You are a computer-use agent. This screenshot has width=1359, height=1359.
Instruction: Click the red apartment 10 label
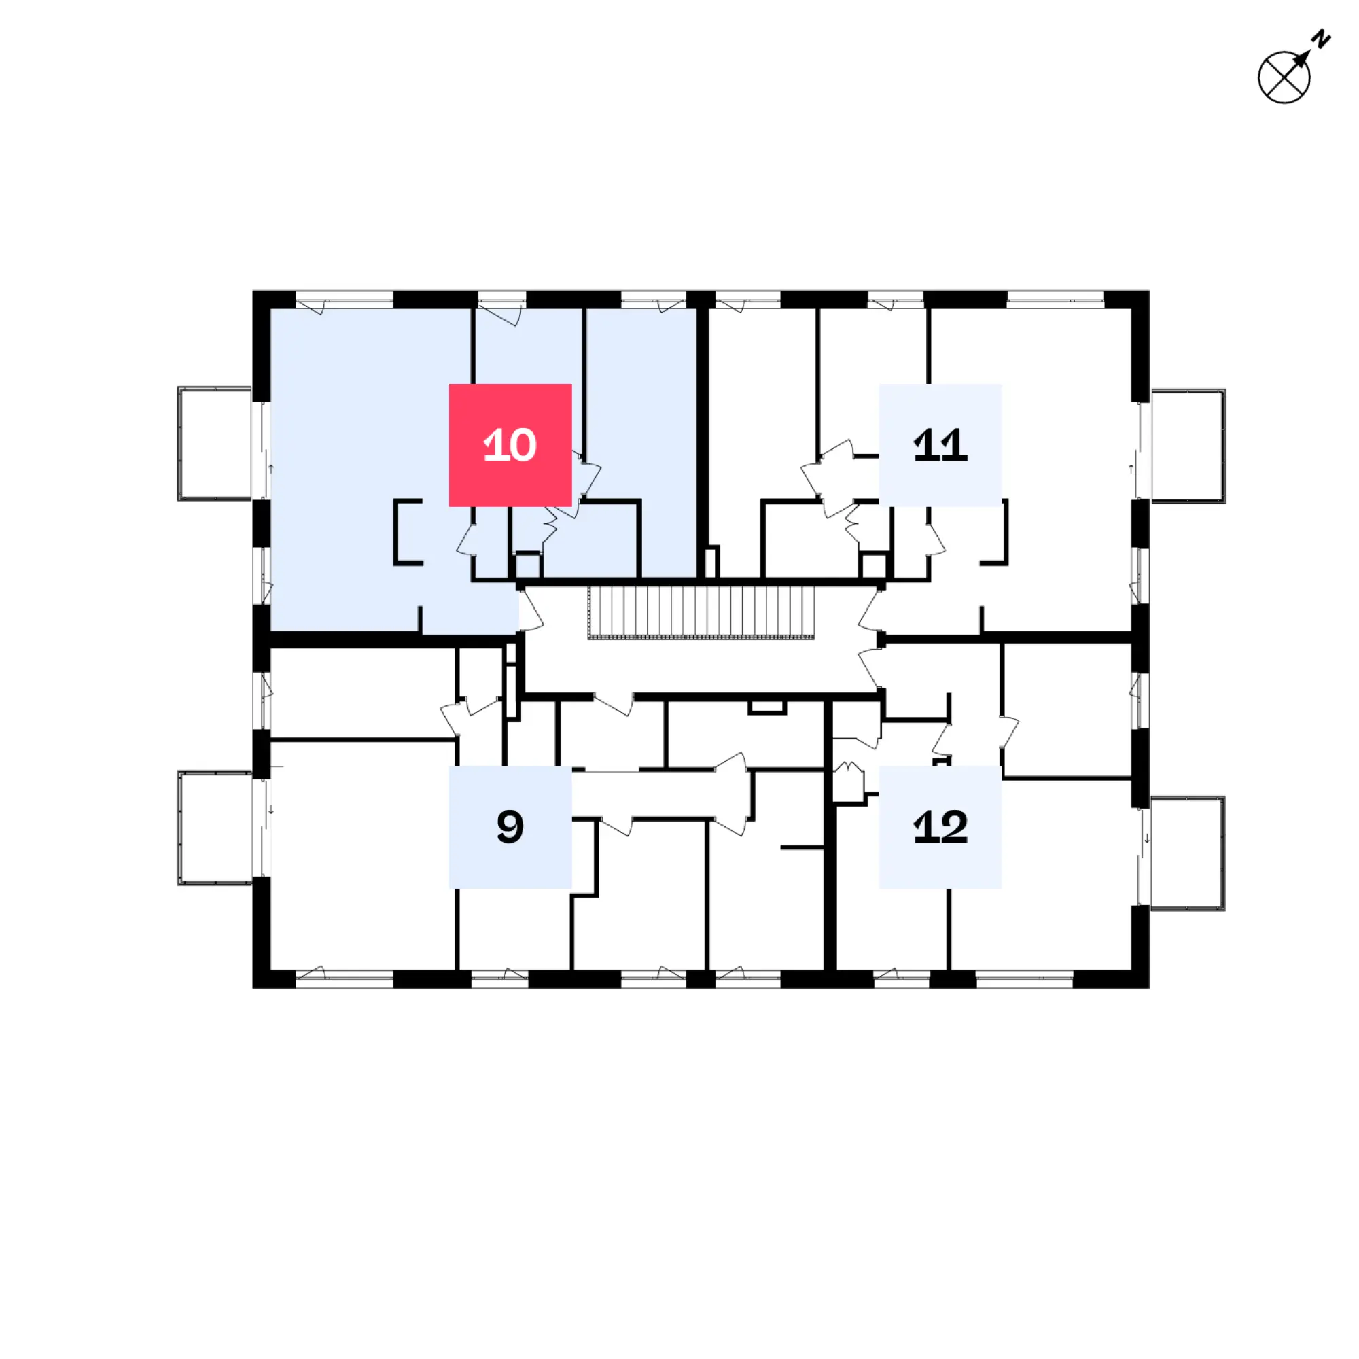tap(510, 444)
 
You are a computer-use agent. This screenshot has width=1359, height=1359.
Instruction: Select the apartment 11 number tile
tap(940, 444)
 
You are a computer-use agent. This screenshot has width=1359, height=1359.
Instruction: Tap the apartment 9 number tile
tap(510, 826)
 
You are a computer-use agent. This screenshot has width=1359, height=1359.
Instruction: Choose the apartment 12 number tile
tap(940, 826)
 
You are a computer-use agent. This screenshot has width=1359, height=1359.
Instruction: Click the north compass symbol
tap(1284, 77)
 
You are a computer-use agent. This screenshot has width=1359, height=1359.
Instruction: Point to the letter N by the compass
tap(1322, 39)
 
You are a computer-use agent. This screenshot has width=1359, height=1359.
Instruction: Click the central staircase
tap(701, 614)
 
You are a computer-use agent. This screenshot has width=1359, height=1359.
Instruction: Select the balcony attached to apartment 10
tap(215, 444)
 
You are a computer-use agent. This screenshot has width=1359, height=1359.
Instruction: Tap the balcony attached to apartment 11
tap(1188, 446)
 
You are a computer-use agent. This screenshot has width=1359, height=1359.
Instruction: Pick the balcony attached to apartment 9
tap(215, 828)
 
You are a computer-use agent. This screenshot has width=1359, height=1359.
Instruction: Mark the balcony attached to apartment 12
tap(1187, 853)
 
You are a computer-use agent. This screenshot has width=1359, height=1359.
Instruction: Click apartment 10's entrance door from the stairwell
tap(530, 611)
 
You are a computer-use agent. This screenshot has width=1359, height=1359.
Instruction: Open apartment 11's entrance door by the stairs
tap(871, 611)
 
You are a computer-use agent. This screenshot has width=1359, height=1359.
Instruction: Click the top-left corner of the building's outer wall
tap(253, 292)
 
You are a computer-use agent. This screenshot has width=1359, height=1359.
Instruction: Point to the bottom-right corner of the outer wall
tap(1148, 987)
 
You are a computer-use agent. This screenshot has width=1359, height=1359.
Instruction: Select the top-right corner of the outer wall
tap(1148, 292)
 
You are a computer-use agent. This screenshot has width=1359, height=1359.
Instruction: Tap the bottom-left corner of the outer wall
tap(253, 987)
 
